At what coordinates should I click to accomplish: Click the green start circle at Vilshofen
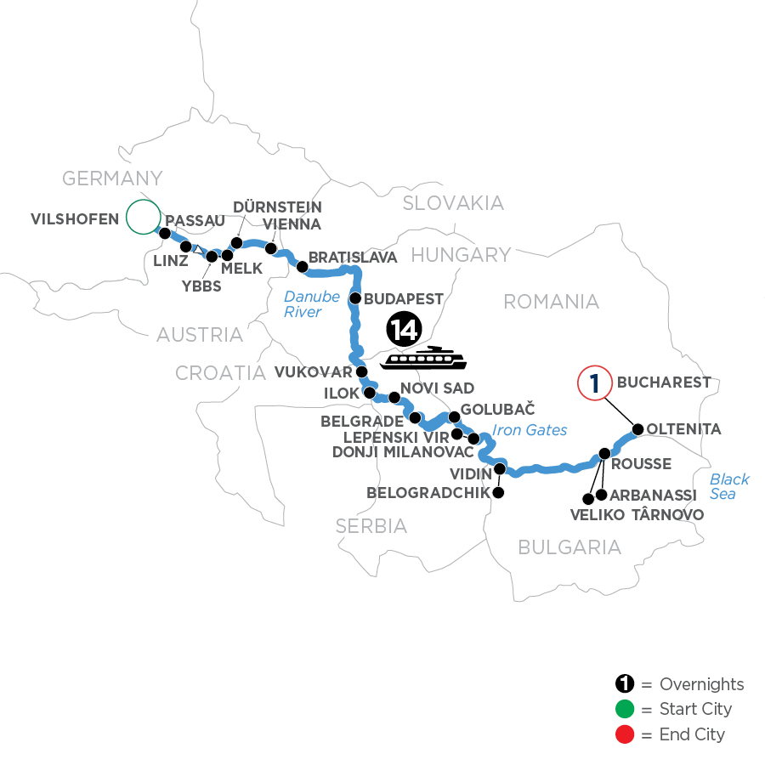point(143,217)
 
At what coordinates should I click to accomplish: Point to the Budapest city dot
point(356,298)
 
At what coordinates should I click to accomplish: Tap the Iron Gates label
point(530,430)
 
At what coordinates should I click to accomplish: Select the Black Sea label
point(729,486)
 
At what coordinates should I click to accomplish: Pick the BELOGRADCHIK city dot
point(499,493)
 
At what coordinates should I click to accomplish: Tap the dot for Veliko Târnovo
point(587,498)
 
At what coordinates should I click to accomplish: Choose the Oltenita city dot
point(637,429)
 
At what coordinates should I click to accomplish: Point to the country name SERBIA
point(371,526)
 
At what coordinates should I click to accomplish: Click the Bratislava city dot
point(301,266)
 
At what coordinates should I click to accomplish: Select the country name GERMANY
point(112,178)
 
